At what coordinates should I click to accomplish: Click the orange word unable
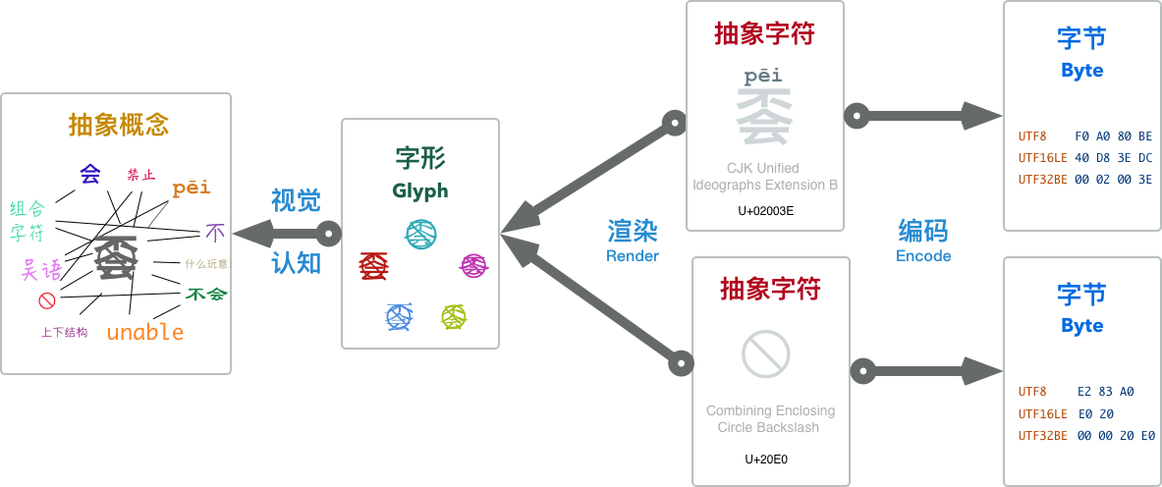[x=145, y=332]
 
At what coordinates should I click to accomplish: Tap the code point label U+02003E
[x=765, y=209]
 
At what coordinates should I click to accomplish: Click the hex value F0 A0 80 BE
[x=1114, y=136]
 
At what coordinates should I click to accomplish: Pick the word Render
[x=633, y=255]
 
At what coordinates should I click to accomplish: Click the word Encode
[x=923, y=255]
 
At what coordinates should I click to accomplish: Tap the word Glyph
[x=420, y=190]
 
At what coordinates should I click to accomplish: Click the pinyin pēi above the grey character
[x=763, y=75]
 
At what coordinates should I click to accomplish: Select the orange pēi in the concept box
[x=192, y=188]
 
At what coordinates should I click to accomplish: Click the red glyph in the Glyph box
[x=374, y=265]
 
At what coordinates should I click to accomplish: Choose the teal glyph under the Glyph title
[x=420, y=233]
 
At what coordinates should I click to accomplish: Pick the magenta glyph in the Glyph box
[x=474, y=265]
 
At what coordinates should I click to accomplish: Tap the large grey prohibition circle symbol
[x=766, y=353]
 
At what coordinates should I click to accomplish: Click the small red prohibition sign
[x=46, y=300]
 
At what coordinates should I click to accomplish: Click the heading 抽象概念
[x=119, y=125]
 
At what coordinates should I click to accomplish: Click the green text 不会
[x=206, y=294]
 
